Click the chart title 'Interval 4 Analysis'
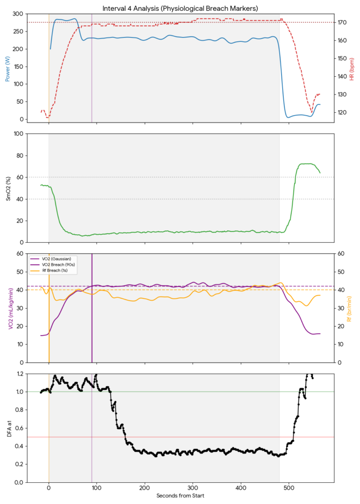(x=180, y=8)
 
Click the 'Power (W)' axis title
(x=7, y=68)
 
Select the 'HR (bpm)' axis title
(x=352, y=68)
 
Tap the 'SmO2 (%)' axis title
(x=7, y=188)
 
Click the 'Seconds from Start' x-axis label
(x=180, y=496)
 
